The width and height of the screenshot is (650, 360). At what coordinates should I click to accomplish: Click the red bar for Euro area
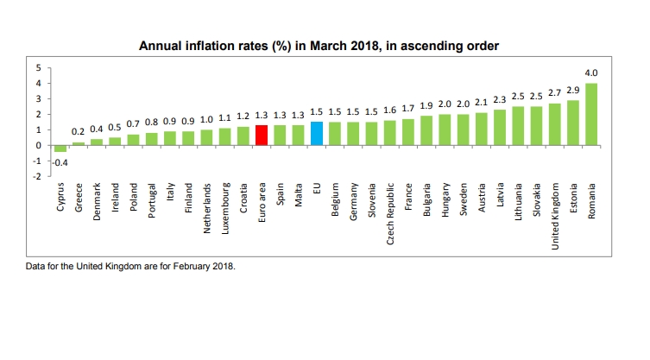[262, 136]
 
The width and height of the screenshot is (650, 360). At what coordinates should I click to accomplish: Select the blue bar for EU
[317, 134]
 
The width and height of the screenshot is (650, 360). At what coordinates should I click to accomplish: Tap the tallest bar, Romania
[592, 114]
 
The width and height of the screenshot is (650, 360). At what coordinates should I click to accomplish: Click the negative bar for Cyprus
[60, 148]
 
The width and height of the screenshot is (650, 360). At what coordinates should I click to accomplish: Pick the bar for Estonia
[573, 123]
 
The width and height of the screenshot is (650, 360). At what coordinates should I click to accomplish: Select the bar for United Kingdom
[555, 124]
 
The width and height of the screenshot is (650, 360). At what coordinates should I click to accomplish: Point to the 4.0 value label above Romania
[592, 74]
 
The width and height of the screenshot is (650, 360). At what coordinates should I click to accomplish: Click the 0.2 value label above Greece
[78, 131]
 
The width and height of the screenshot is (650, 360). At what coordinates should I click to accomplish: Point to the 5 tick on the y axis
[37, 67]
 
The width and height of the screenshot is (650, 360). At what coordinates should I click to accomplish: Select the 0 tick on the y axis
[37, 145]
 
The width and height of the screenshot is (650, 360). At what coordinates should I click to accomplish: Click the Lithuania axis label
[519, 204]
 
